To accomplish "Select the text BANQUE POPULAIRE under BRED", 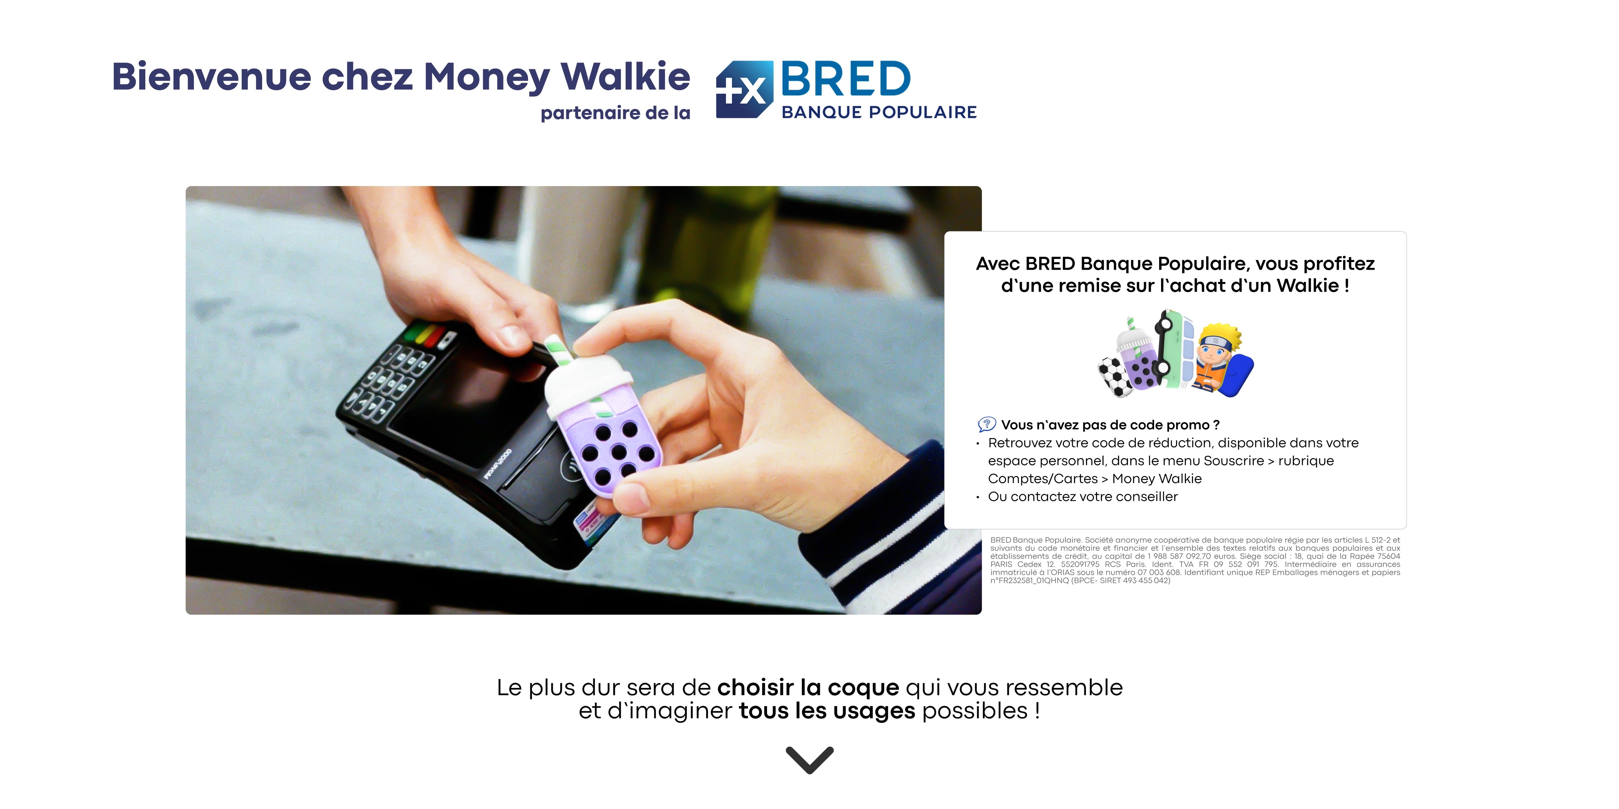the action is (879, 112).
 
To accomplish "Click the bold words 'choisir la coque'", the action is (808, 688).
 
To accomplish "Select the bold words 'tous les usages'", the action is (827, 711).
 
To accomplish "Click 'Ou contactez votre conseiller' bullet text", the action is (1083, 497).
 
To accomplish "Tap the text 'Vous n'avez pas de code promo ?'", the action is (1110, 425).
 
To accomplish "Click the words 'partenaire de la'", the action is (615, 113).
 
